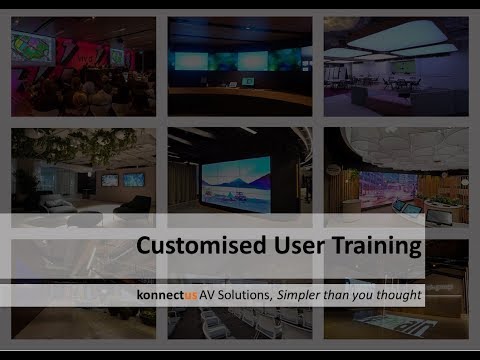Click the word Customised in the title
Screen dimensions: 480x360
coord(201,245)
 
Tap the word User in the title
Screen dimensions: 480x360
coord(299,245)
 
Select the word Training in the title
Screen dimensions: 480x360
coord(377,246)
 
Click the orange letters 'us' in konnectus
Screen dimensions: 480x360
coord(191,295)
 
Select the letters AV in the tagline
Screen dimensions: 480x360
coord(207,295)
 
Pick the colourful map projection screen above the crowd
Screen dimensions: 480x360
coord(33,48)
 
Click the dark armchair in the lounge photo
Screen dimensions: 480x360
coord(133,207)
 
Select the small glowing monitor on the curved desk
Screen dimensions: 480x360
coord(247,81)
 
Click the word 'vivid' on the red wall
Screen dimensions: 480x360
coord(83,59)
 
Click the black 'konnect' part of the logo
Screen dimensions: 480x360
coord(160,295)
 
